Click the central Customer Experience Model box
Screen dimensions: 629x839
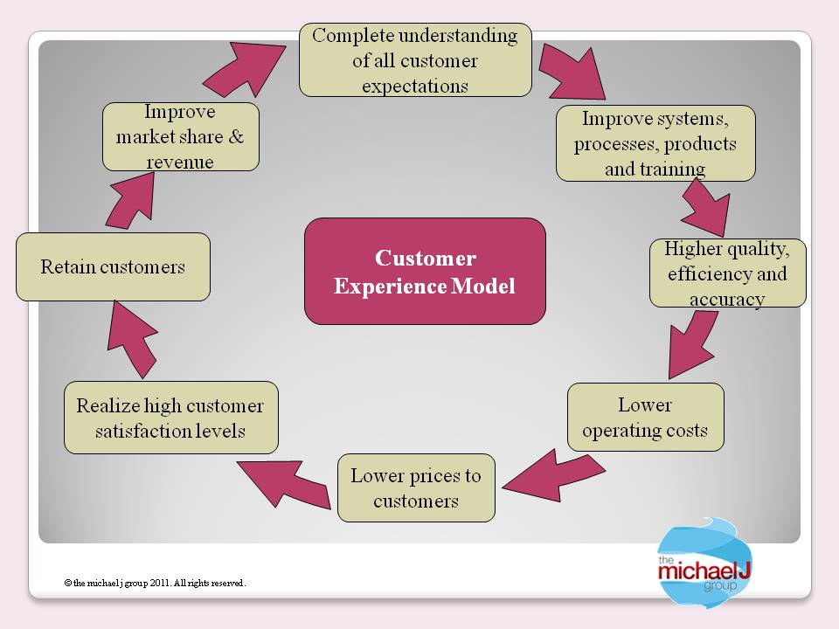[x=425, y=271]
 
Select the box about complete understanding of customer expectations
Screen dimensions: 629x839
[x=415, y=60]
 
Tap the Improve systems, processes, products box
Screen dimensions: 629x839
[x=655, y=143]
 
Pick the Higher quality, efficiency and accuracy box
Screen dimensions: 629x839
[x=727, y=273]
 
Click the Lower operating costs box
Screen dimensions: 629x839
[x=645, y=418]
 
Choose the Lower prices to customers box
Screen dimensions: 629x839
[x=416, y=487]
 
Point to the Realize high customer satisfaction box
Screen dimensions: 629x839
[x=170, y=418]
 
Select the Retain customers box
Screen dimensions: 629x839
[x=113, y=266]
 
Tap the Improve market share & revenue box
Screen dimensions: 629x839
[x=181, y=136]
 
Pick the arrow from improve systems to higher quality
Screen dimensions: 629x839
[x=705, y=208]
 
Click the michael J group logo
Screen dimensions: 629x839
[x=695, y=564]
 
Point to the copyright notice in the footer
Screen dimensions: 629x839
[x=155, y=583]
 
